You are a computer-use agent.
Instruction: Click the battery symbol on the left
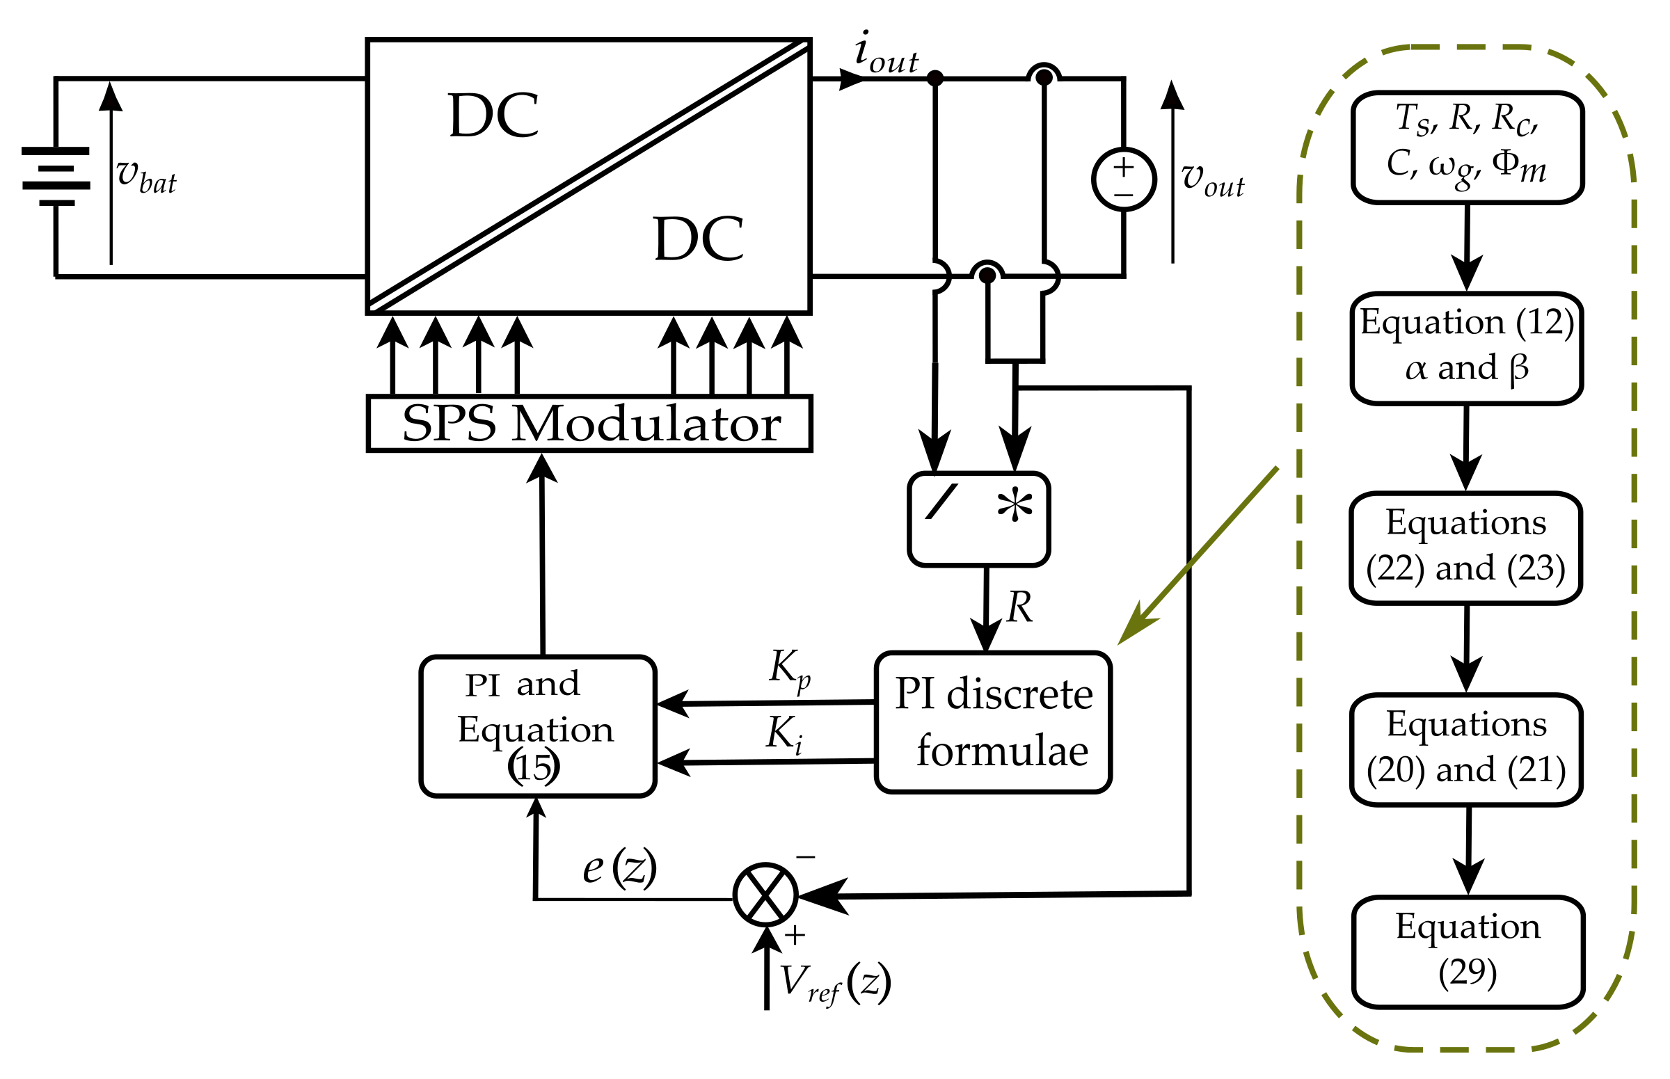click(56, 177)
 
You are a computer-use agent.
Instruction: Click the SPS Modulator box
click(589, 423)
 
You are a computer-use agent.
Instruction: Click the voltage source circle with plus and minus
click(1122, 179)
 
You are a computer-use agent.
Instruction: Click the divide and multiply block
click(978, 519)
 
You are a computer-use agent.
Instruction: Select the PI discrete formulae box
click(992, 722)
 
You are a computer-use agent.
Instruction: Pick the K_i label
click(784, 735)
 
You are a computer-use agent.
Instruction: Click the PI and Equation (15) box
click(537, 726)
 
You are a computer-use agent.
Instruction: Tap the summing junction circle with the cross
click(765, 895)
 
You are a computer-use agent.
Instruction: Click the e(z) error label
click(619, 868)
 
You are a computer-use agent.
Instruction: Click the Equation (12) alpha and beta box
click(1465, 349)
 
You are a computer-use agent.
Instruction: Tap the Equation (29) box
click(1468, 952)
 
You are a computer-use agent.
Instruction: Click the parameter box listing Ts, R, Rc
click(1467, 147)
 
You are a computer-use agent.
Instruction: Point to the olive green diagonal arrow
click(1198, 554)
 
